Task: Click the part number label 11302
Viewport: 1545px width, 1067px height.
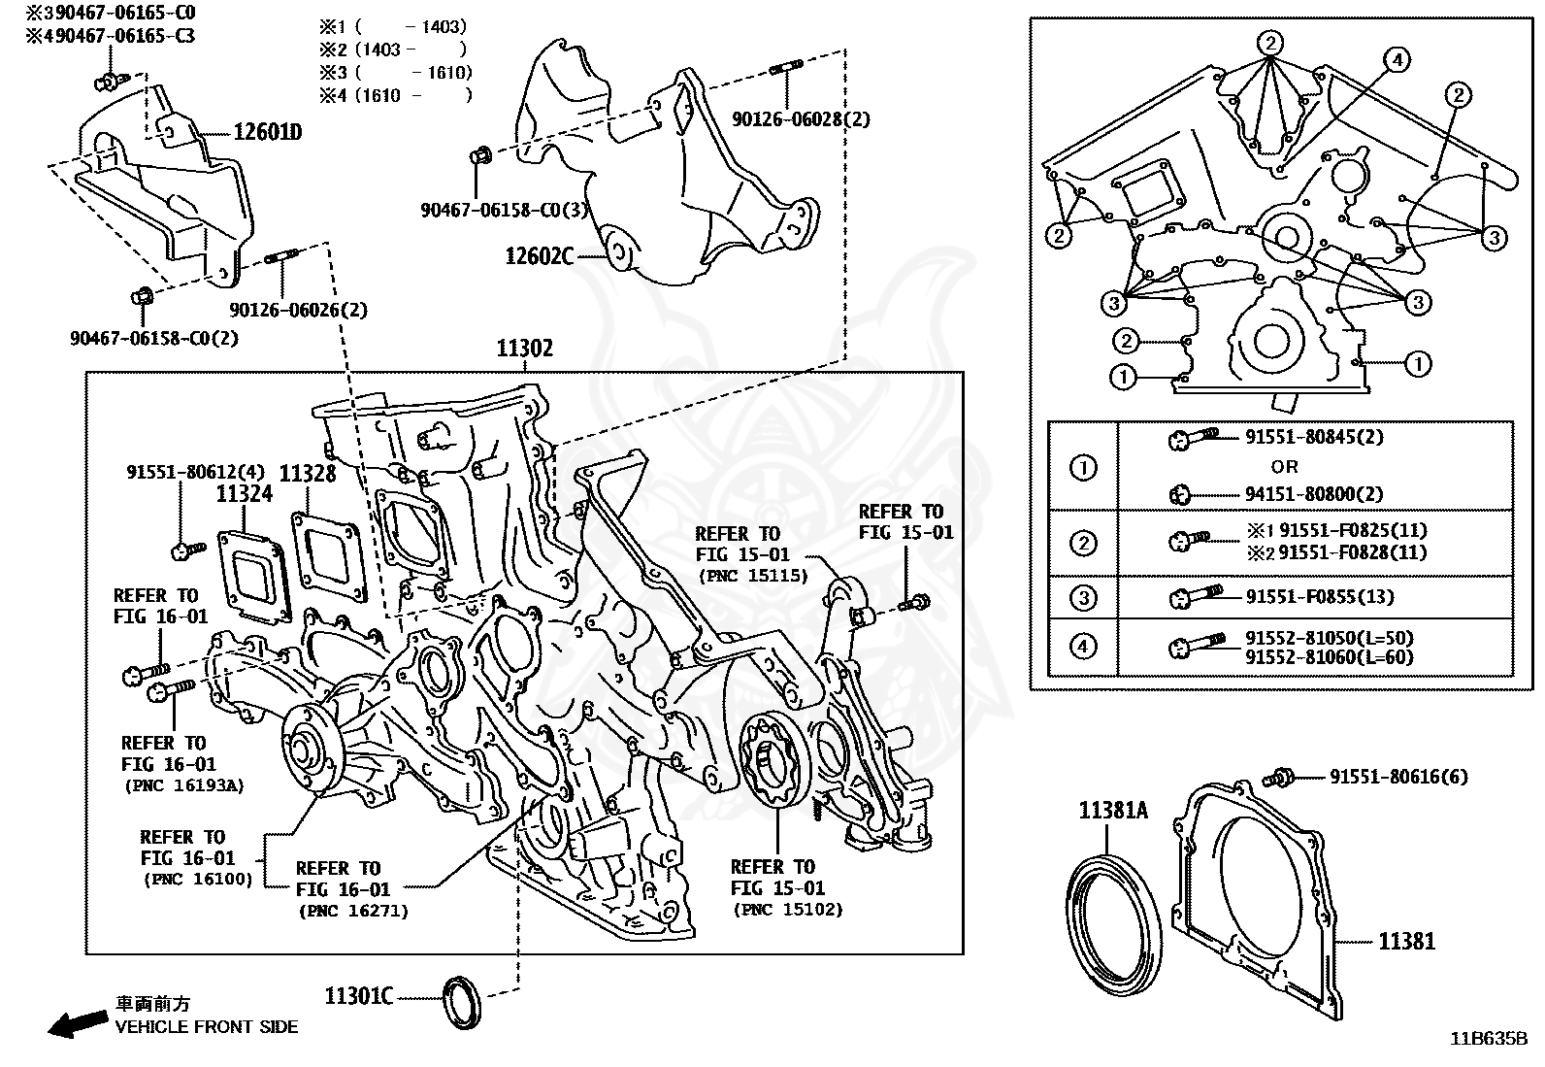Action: click(525, 349)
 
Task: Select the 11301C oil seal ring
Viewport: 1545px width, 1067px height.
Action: click(460, 1002)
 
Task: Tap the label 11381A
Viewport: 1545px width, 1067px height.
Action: click(1113, 810)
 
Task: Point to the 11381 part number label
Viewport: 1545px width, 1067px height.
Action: click(1407, 940)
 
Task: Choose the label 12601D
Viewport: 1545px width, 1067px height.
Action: click(267, 132)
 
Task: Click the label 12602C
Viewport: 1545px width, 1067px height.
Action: click(540, 256)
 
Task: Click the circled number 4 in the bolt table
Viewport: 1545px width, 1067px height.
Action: click(1084, 646)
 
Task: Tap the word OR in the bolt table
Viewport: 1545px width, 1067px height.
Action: click(1284, 466)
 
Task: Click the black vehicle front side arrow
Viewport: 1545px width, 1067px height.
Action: click(79, 1022)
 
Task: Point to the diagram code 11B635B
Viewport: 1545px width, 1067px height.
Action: click(1489, 1038)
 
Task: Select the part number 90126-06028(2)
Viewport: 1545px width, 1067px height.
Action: click(801, 119)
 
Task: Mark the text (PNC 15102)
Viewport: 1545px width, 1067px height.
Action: click(787, 910)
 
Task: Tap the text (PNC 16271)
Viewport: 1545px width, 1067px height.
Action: click(352, 911)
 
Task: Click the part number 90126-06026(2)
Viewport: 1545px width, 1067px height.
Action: click(299, 310)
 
